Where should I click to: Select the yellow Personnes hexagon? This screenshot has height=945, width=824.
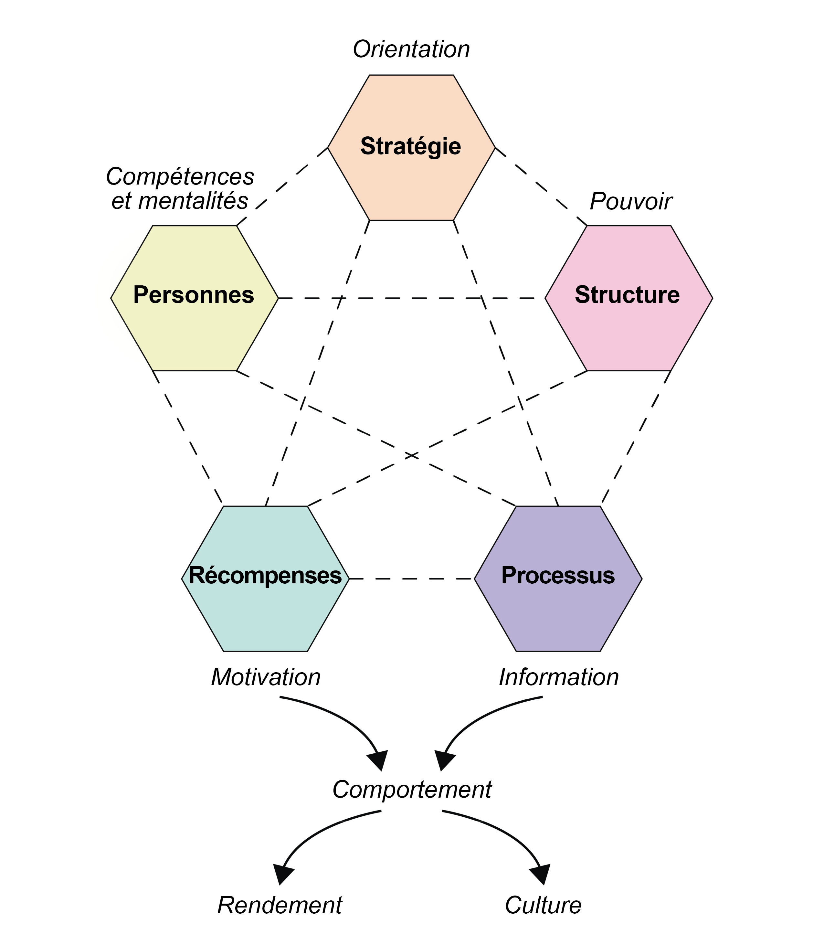tap(194, 331)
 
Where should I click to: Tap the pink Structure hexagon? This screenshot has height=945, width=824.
tap(629, 331)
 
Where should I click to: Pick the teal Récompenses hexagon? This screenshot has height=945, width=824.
tap(265, 611)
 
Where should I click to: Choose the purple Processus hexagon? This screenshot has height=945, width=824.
tap(558, 611)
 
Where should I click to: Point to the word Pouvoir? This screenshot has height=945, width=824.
tap(630, 201)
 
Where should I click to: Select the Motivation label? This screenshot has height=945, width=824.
tap(266, 677)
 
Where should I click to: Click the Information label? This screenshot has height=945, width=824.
tap(559, 677)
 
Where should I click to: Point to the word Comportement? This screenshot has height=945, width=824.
tap(412, 790)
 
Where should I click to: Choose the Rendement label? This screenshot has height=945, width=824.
tap(280, 905)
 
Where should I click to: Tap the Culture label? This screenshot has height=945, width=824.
tap(543, 905)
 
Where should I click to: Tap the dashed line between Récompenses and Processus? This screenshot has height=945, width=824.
tap(412, 579)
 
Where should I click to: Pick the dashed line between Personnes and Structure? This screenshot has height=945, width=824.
tap(412, 298)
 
